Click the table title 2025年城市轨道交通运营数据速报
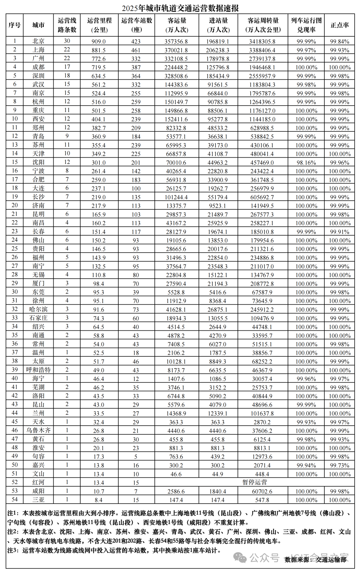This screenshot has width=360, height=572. coord(180,7)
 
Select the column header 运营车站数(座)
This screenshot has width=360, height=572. coord(136,25)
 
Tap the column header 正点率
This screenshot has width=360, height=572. coord(340,25)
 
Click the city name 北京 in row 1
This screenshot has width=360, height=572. coord(38,41)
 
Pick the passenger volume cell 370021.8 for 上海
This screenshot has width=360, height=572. coord(176,50)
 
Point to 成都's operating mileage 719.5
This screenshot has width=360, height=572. coord(99,67)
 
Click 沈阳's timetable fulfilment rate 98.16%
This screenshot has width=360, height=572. coord(306,163)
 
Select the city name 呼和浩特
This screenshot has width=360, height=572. coord(38,370)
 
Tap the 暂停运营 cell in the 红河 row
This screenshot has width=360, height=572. coord(255,482)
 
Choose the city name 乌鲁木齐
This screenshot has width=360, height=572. coord(38,431)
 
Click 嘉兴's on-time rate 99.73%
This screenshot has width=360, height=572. coord(340,465)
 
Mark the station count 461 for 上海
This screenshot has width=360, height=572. coord(136,50)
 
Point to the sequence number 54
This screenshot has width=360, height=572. coord(15,500)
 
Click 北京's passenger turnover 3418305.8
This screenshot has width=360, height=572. coord(262,41)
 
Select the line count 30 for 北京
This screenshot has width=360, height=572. coord(67,41)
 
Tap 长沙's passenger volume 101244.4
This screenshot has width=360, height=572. coord(176,197)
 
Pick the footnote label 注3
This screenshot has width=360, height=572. coord(13,550)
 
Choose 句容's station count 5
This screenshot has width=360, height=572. coord(136,457)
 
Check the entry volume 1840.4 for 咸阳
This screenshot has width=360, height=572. coord(218,491)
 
